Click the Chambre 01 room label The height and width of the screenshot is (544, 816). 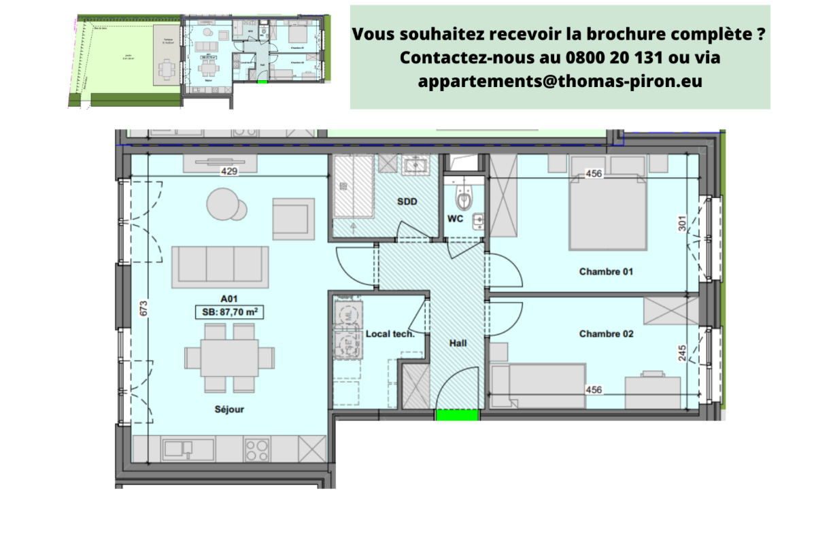pyautogui.click(x=606, y=271)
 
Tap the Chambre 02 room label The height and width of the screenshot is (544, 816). pyautogui.click(x=606, y=334)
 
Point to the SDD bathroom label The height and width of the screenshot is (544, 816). pyautogui.click(x=407, y=202)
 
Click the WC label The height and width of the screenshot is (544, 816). pyautogui.click(x=456, y=218)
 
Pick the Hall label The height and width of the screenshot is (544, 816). pyautogui.click(x=458, y=343)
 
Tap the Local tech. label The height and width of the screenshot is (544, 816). pyautogui.click(x=390, y=334)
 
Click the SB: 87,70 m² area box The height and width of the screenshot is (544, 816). pyautogui.click(x=229, y=312)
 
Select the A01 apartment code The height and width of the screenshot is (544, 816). pyautogui.click(x=229, y=299)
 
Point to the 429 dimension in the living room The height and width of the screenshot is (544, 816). pyautogui.click(x=228, y=173)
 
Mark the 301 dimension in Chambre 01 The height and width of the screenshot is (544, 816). pyautogui.click(x=682, y=224)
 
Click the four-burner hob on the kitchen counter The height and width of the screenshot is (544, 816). pyautogui.click(x=257, y=449)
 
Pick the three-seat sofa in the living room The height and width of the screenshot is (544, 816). pyautogui.click(x=220, y=266)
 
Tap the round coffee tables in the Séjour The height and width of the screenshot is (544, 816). pyautogui.click(x=227, y=204)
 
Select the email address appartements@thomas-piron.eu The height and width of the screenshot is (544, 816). pyautogui.click(x=560, y=81)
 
